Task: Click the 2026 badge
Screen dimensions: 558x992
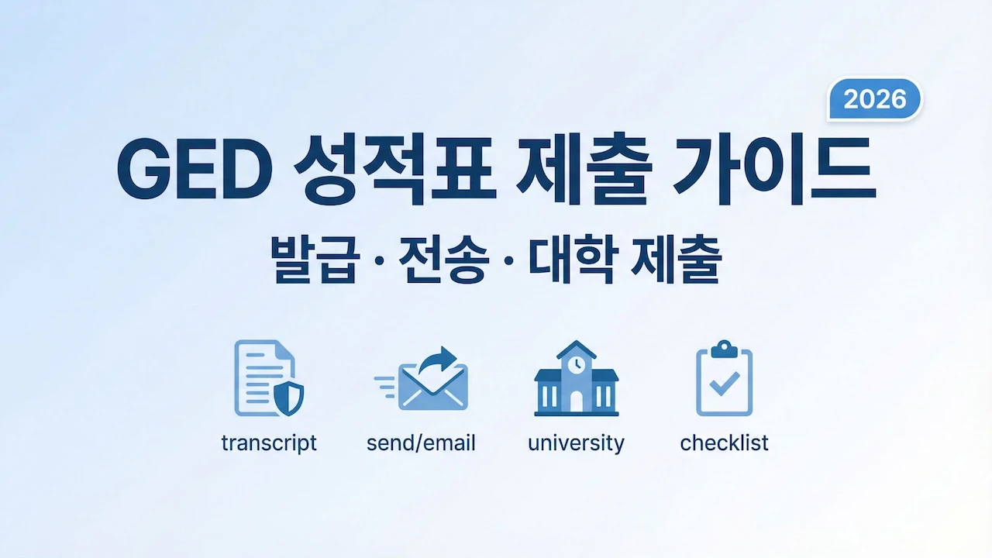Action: tap(874, 99)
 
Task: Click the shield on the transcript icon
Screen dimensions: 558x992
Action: tap(289, 398)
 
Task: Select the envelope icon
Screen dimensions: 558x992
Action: tap(432, 387)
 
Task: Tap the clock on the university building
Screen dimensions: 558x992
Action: tap(576, 363)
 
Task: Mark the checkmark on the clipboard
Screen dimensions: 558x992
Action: tap(724, 383)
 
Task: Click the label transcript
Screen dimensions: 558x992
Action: tap(269, 443)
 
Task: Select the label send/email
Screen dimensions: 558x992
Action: tap(421, 443)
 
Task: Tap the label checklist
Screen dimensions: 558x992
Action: tap(724, 443)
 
